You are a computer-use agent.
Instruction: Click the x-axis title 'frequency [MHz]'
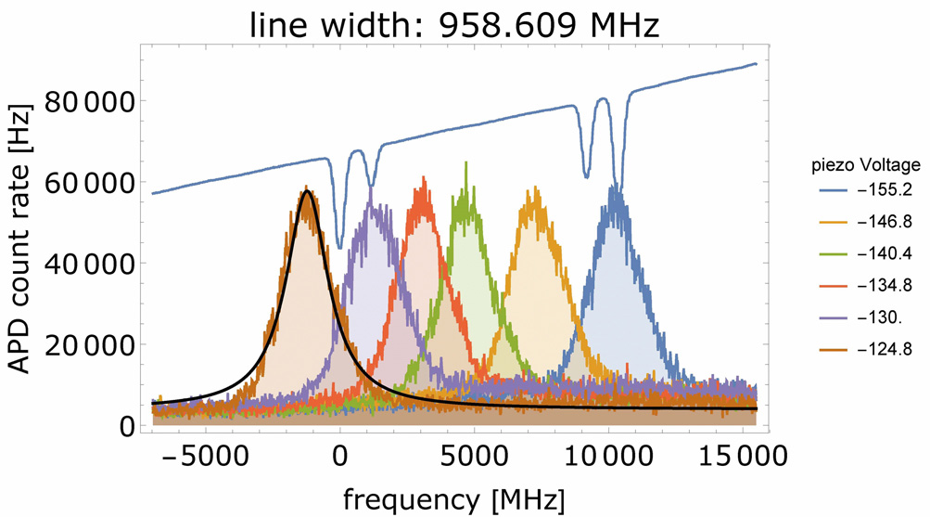tap(453, 498)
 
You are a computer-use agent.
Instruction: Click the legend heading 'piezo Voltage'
tap(861, 166)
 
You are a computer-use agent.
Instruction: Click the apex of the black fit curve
tap(306, 191)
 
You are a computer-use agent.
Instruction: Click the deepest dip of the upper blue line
tap(339, 248)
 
